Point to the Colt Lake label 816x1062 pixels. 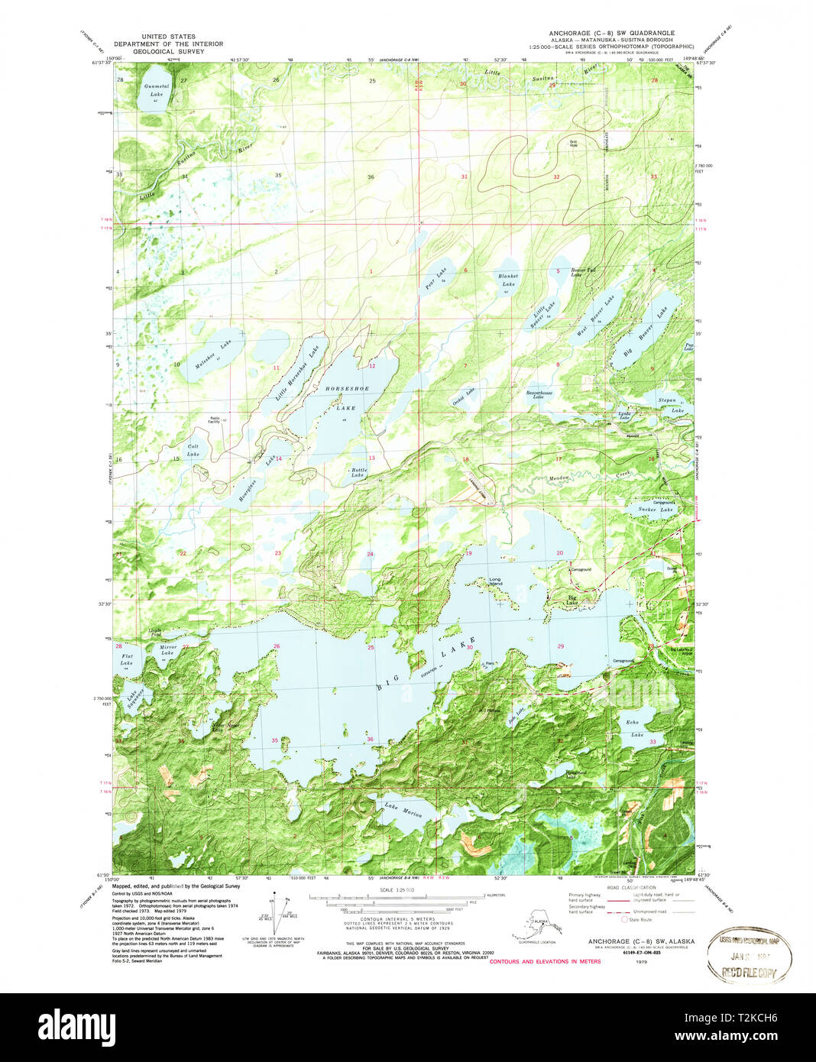[x=193, y=450]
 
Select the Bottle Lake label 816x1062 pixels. [x=358, y=473]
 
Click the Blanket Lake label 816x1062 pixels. [x=508, y=280]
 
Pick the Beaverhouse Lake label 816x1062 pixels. [x=539, y=395]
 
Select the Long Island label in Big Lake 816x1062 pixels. [x=496, y=581]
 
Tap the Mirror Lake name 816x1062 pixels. [x=167, y=650]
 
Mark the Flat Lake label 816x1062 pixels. [x=127, y=659]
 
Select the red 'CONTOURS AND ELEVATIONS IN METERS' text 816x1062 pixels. [x=545, y=961]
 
